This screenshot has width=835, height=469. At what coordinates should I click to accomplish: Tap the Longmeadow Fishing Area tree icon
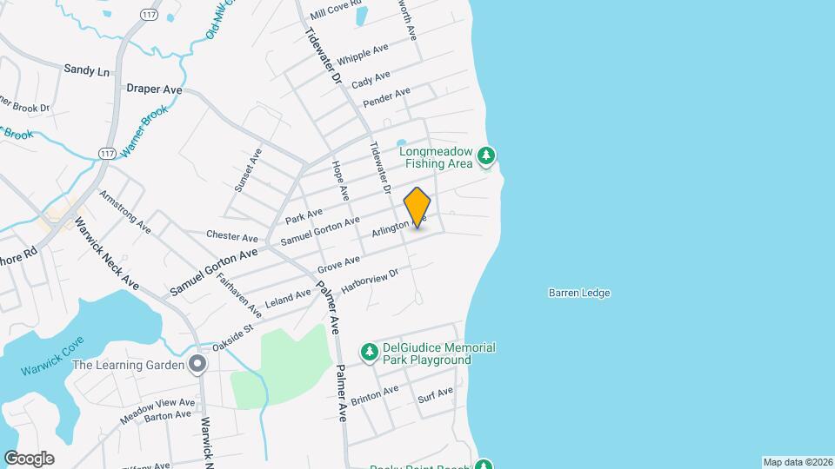[x=487, y=156]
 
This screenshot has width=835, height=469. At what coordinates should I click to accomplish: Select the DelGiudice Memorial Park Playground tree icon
[x=370, y=352]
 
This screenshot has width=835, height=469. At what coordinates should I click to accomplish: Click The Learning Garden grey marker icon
[x=199, y=365]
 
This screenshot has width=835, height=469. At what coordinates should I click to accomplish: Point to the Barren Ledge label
[x=579, y=294]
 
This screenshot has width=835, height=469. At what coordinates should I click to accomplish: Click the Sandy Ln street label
[x=87, y=69]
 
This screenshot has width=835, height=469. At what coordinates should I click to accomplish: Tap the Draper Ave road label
[x=154, y=89]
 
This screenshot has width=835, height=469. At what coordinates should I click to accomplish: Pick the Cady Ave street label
[x=371, y=78]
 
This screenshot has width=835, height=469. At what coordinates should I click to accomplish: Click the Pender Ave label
[x=386, y=97]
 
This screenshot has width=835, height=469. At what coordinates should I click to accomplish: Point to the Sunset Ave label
[x=248, y=169]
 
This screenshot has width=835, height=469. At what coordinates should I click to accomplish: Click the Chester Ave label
[x=232, y=237]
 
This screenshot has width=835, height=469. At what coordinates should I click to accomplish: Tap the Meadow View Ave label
[x=157, y=405]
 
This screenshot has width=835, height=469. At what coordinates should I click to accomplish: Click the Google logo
[x=29, y=459]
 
